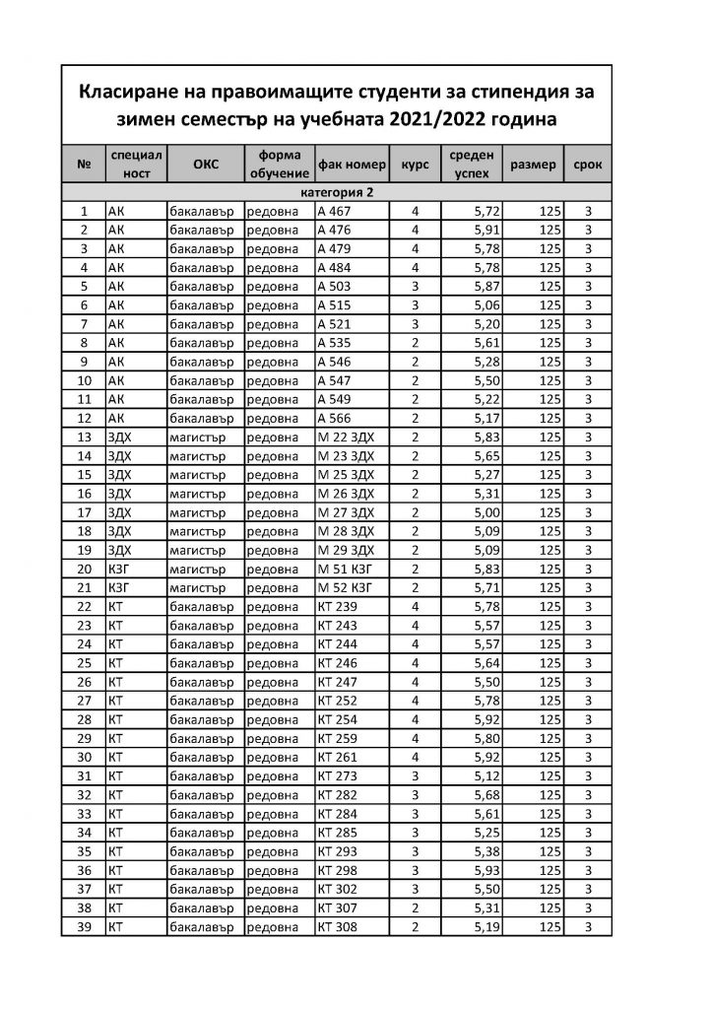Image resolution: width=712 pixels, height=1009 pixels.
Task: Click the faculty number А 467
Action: tap(337, 211)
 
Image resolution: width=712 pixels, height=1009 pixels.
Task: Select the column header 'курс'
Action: tap(415, 165)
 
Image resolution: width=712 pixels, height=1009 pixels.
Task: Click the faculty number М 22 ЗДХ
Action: tap(346, 437)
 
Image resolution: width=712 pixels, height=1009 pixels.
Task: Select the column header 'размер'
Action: tap(533, 165)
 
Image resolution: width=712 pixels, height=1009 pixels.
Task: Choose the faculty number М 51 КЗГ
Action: tap(345, 569)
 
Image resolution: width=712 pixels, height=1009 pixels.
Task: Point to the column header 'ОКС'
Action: tap(206, 165)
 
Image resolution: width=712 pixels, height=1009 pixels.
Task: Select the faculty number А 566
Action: tap(337, 418)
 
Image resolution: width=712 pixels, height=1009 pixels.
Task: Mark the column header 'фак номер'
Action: tap(352, 165)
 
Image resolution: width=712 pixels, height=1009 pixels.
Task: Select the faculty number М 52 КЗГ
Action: tap(345, 587)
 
